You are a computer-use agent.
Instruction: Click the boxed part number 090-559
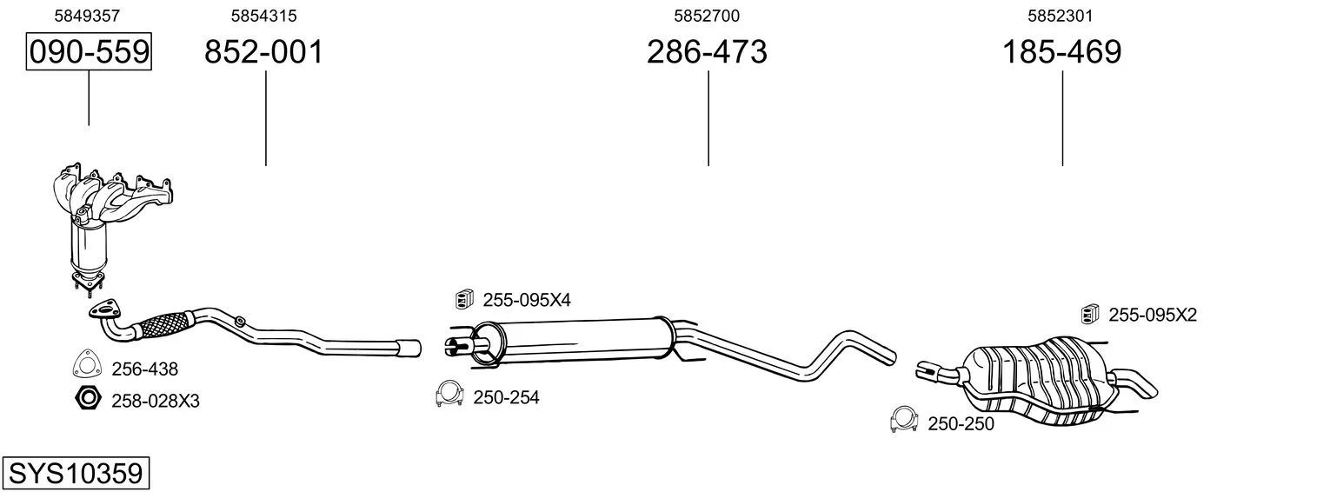(x=89, y=51)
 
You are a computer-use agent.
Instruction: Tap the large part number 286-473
(x=707, y=51)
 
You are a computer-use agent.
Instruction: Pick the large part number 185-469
(x=1061, y=51)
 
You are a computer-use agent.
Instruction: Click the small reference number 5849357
(x=87, y=16)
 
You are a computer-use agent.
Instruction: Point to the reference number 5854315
(x=263, y=16)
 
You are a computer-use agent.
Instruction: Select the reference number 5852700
(x=707, y=16)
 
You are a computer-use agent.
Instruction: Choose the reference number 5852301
(x=1061, y=16)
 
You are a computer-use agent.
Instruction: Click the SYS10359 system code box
(x=76, y=474)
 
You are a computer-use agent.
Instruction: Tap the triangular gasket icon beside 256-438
(x=87, y=363)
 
